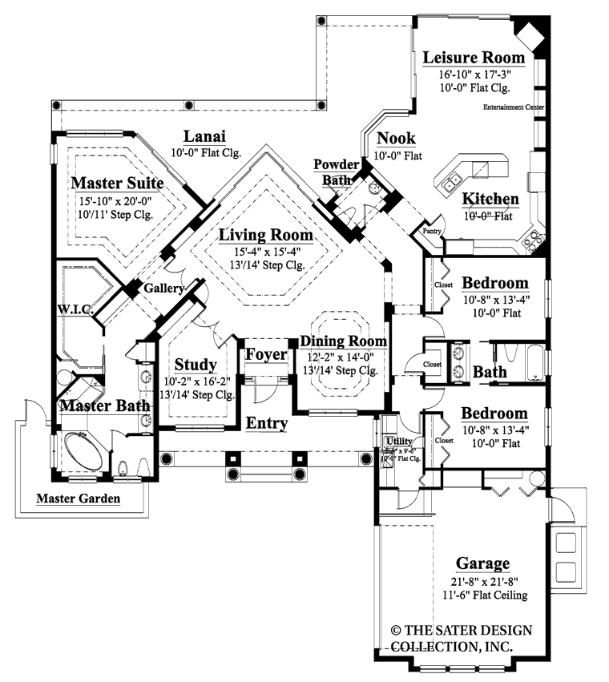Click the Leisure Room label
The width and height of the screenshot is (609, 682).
[474, 58]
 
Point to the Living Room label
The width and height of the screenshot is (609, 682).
[265, 235]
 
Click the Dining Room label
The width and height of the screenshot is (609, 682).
[344, 341]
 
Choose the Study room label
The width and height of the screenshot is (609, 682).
[196, 365]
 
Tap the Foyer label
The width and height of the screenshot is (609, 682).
[261, 355]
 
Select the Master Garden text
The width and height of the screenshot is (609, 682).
[79, 498]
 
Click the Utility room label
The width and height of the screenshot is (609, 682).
[398, 441]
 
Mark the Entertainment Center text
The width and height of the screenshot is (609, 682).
[514, 107]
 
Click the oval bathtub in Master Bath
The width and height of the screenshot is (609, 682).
[80, 446]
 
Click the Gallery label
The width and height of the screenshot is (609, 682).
[164, 287]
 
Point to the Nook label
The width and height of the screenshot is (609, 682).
[395, 139]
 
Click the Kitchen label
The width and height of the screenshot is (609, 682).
[490, 199]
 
